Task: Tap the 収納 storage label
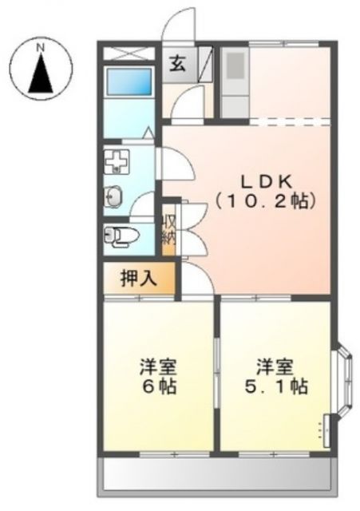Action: pos(169,228)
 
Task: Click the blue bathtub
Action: pos(129,81)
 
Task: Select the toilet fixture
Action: pos(121,235)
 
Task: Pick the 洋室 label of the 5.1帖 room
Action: pos(274,368)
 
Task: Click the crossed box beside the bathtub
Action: pos(129,53)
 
